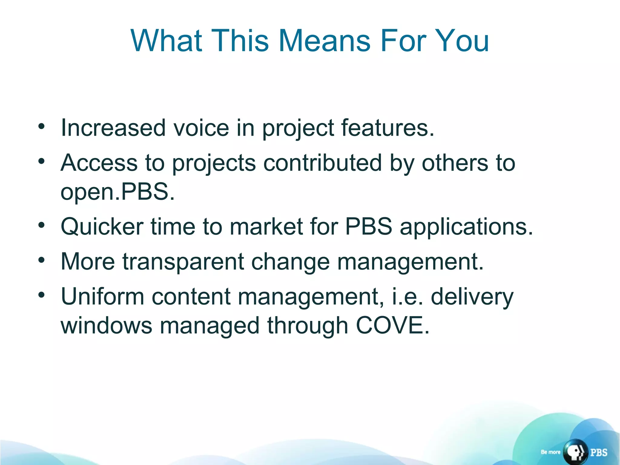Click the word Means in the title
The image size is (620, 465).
point(324,41)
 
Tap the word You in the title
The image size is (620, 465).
point(461,41)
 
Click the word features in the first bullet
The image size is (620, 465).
point(387,128)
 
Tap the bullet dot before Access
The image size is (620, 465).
point(41,161)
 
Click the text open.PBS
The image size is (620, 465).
point(117,192)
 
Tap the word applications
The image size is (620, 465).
point(466,227)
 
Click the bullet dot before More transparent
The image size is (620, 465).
point(41,259)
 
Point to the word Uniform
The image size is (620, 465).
point(102,296)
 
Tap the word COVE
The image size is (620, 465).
point(392,325)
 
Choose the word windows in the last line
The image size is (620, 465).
point(106,325)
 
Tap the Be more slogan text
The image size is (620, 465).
point(550,452)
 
